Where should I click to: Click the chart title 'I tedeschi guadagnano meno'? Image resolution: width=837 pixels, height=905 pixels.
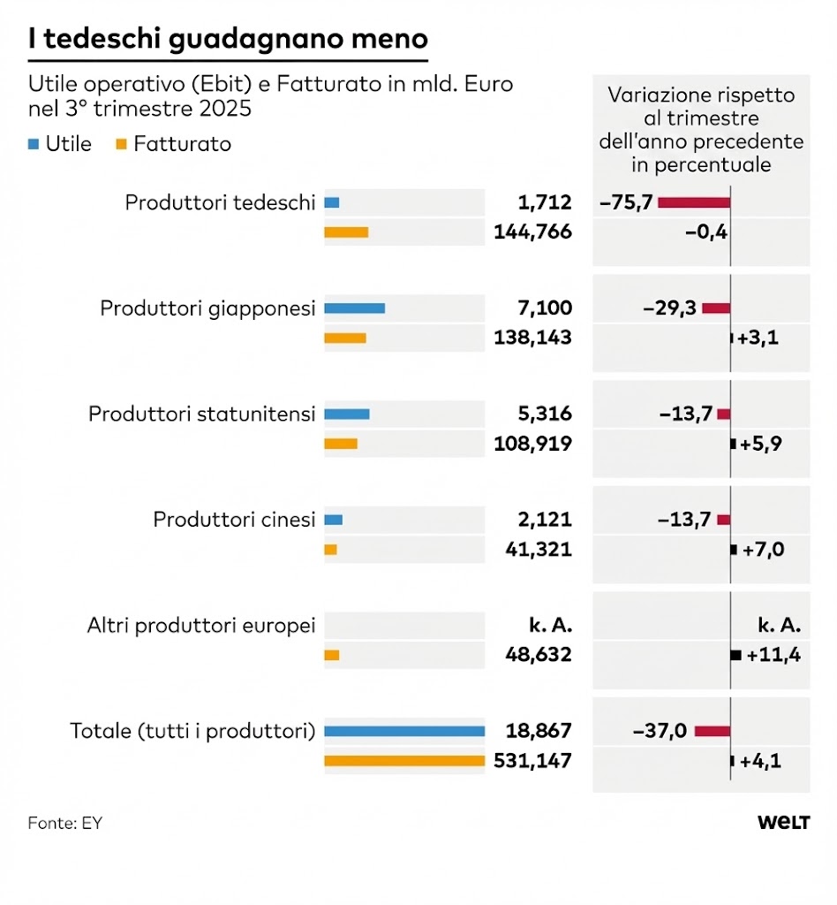pos(228,39)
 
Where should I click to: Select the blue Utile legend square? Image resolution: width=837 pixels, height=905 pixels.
pos(34,144)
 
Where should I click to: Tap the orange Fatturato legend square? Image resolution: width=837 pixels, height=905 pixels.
pos(121,144)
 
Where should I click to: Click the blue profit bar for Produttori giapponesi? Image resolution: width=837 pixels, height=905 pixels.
pos(354,308)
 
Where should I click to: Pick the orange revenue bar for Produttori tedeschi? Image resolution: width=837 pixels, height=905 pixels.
pos(345,232)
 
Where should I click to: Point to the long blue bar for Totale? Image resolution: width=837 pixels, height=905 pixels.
pos(404,731)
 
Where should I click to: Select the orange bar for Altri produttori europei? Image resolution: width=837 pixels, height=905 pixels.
pos(332,655)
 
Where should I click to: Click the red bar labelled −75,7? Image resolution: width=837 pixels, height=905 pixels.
pos(693,202)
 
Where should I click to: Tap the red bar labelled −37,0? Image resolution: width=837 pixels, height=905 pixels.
pos(712,731)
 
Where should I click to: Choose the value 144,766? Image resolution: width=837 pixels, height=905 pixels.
pos(532,232)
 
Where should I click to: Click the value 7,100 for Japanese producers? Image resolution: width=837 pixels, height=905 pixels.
pos(545,308)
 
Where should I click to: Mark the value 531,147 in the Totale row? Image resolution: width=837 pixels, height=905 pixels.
pos(532,761)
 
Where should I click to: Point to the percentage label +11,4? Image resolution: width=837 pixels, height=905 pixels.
pos(773,655)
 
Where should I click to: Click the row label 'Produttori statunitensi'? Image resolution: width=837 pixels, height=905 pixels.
pos(201,414)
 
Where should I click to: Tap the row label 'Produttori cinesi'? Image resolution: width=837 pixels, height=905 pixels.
pos(234,520)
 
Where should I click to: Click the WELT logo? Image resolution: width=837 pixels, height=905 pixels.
pos(783,823)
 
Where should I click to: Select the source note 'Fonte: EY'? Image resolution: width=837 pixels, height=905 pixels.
pos(65,823)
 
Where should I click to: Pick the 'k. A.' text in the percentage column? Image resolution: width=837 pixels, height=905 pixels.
pos(779,626)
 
